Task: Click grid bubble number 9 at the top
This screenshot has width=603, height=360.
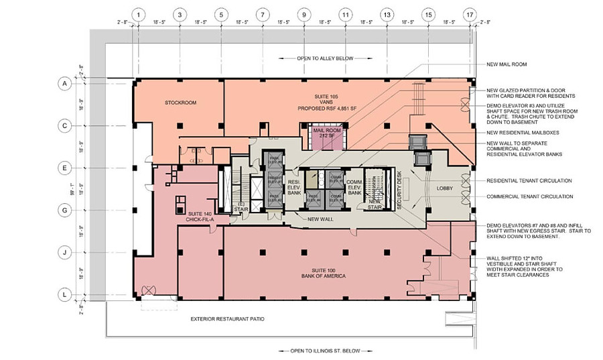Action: click(304, 14)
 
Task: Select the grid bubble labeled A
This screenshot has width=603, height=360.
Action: click(65, 84)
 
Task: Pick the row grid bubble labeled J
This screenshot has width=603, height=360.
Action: click(65, 253)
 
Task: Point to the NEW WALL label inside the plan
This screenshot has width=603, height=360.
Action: click(320, 219)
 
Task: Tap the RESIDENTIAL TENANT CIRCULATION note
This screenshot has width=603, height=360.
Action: click(529, 181)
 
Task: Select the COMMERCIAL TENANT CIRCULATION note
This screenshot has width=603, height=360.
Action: click(529, 196)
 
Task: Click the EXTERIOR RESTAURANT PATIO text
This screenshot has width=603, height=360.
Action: click(227, 318)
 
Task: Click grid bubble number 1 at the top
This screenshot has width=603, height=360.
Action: click(138, 14)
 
